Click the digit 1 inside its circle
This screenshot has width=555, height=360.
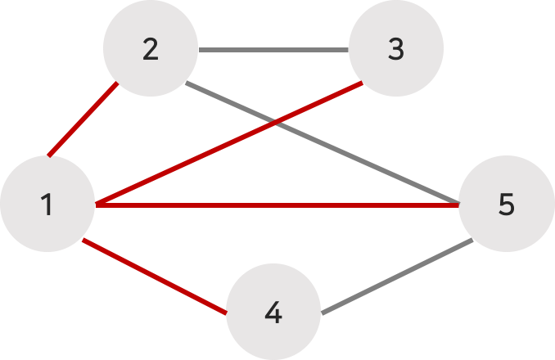(47, 204)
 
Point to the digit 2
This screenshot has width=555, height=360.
(150, 49)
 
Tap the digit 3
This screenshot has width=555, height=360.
(396, 49)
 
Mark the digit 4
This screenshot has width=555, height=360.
(273, 312)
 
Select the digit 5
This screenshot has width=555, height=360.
(506, 204)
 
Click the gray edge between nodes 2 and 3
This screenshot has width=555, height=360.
(273, 50)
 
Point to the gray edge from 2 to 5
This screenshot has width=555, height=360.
(368, 162)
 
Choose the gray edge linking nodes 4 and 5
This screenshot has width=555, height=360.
(398, 277)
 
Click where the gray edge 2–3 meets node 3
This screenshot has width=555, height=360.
(350, 50)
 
